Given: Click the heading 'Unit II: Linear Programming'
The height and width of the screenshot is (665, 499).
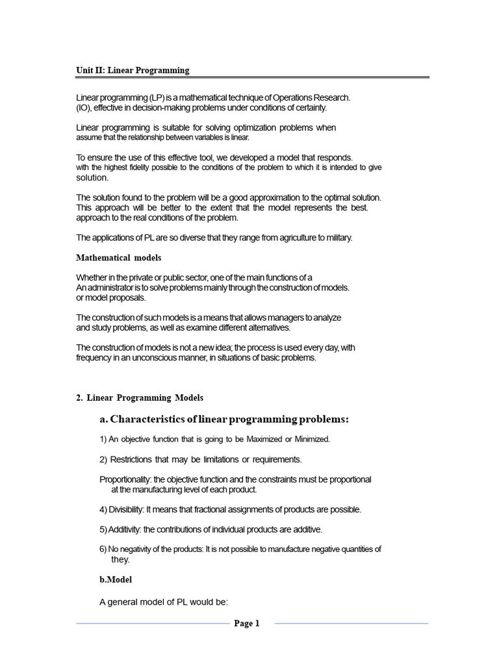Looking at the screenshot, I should (x=133, y=70).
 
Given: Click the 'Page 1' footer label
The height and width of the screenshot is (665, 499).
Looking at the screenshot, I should (x=247, y=623).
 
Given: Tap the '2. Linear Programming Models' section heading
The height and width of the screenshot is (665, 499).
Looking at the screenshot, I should (x=140, y=397).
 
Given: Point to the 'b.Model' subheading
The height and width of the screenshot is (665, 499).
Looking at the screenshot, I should (x=116, y=580).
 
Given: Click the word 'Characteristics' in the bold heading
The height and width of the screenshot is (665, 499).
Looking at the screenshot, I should (x=154, y=420).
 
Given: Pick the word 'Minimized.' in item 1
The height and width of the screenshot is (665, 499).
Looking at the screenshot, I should (x=313, y=440).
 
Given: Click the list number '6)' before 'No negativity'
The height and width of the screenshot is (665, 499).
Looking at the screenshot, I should (x=103, y=549).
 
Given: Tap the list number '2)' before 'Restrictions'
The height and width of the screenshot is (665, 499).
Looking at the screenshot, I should (x=103, y=460).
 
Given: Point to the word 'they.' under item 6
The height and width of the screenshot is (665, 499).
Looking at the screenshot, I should (x=121, y=560).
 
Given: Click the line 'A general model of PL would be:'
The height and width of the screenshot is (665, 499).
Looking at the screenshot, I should (x=164, y=602).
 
